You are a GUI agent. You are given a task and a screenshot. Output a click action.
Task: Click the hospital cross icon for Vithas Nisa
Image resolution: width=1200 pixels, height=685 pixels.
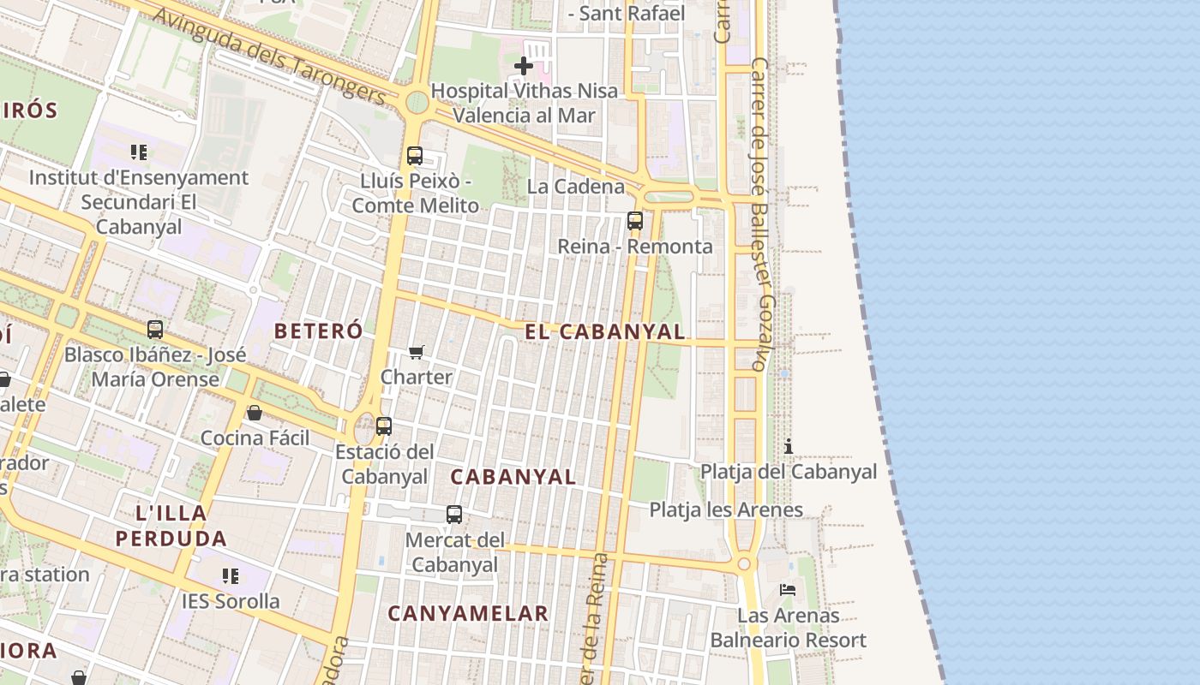pyautogui.click(x=523, y=65)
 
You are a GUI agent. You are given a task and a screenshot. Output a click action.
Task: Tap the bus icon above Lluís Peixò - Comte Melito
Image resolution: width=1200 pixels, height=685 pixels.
pyautogui.click(x=415, y=156)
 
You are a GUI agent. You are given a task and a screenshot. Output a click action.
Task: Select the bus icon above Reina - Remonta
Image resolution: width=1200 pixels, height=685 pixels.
pyautogui.click(x=635, y=221)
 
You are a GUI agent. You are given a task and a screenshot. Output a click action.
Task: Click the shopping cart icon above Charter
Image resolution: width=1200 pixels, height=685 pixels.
pyautogui.click(x=417, y=352)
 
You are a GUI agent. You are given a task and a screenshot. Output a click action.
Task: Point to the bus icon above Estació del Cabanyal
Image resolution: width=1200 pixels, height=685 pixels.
pyautogui.click(x=384, y=426)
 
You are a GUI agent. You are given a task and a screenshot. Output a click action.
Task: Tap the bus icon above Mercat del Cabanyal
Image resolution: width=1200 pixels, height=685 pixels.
pyautogui.click(x=454, y=515)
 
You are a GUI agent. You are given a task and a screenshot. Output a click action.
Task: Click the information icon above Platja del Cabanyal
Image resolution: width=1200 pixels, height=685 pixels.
pyautogui.click(x=789, y=446)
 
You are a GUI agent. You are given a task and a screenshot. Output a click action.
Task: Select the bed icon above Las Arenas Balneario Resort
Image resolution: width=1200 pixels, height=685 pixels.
pyautogui.click(x=788, y=590)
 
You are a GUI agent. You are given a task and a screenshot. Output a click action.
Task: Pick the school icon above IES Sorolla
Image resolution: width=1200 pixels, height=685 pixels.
pyautogui.click(x=230, y=576)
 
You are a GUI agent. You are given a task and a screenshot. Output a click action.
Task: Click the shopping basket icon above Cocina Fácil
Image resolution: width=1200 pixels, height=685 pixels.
pyautogui.click(x=255, y=414)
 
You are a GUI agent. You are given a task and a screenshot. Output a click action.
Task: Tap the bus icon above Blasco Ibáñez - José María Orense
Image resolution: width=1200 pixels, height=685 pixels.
pyautogui.click(x=155, y=330)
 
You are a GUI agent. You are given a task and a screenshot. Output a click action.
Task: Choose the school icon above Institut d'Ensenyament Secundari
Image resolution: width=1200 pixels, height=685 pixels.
pyautogui.click(x=139, y=152)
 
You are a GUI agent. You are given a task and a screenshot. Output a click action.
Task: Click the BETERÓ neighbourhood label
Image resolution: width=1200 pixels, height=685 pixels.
pyautogui.click(x=319, y=331)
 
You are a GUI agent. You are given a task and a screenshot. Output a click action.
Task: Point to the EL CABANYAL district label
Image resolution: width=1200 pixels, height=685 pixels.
pyautogui.click(x=605, y=332)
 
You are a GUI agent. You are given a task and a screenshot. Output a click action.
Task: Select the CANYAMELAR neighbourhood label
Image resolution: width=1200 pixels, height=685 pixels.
pyautogui.click(x=468, y=613)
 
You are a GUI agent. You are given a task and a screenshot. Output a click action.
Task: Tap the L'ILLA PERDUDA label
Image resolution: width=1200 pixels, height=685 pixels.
pyautogui.click(x=171, y=526)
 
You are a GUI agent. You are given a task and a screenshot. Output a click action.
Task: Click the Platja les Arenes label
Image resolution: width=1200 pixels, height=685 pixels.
pyautogui.click(x=726, y=510)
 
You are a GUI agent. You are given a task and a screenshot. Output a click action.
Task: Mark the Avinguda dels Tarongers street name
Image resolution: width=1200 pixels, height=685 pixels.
pyautogui.click(x=270, y=57)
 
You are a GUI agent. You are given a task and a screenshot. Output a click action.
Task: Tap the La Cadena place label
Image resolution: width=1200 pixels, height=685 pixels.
pyautogui.click(x=576, y=187)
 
